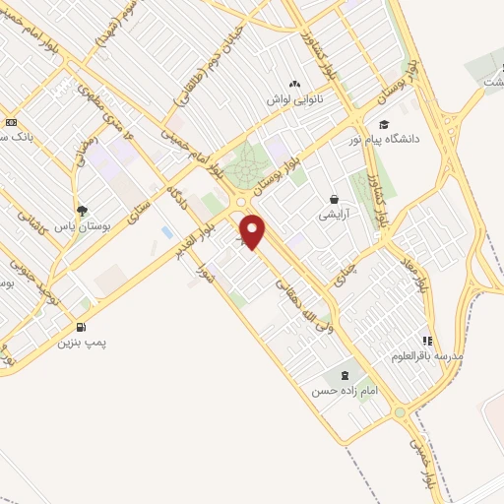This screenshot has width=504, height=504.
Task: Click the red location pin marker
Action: coord(254,232)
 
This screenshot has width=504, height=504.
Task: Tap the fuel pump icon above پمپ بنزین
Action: coord(80,327)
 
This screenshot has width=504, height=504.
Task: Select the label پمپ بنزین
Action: coord(80,344)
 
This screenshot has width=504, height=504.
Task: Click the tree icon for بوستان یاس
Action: coord(82,210)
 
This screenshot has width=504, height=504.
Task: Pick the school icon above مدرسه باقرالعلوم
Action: coord(427,340)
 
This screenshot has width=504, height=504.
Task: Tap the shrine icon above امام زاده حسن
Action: coord(344,375)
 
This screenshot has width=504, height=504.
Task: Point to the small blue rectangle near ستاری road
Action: coord(166,233)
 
